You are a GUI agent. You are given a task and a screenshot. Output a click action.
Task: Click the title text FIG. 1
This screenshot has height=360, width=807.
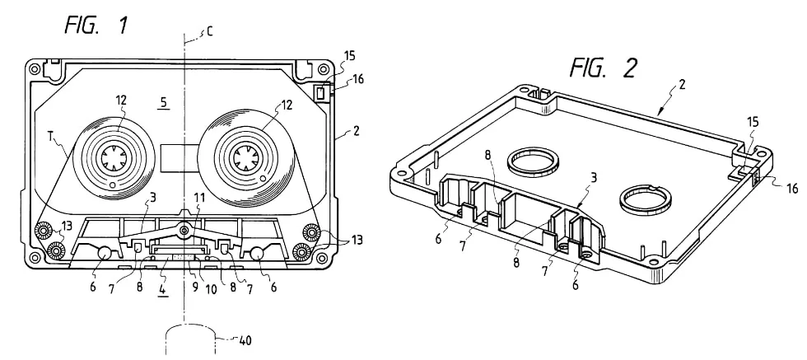pos(96,26)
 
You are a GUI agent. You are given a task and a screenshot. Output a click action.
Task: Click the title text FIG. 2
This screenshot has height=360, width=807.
pos(603,68)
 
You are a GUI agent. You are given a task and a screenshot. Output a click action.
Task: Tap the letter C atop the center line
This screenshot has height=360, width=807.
pos(209,32)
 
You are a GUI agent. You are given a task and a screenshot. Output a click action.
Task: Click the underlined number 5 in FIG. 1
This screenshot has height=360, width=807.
pos(163,102)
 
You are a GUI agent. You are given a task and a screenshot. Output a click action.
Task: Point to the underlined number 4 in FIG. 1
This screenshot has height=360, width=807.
pos(163,288)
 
